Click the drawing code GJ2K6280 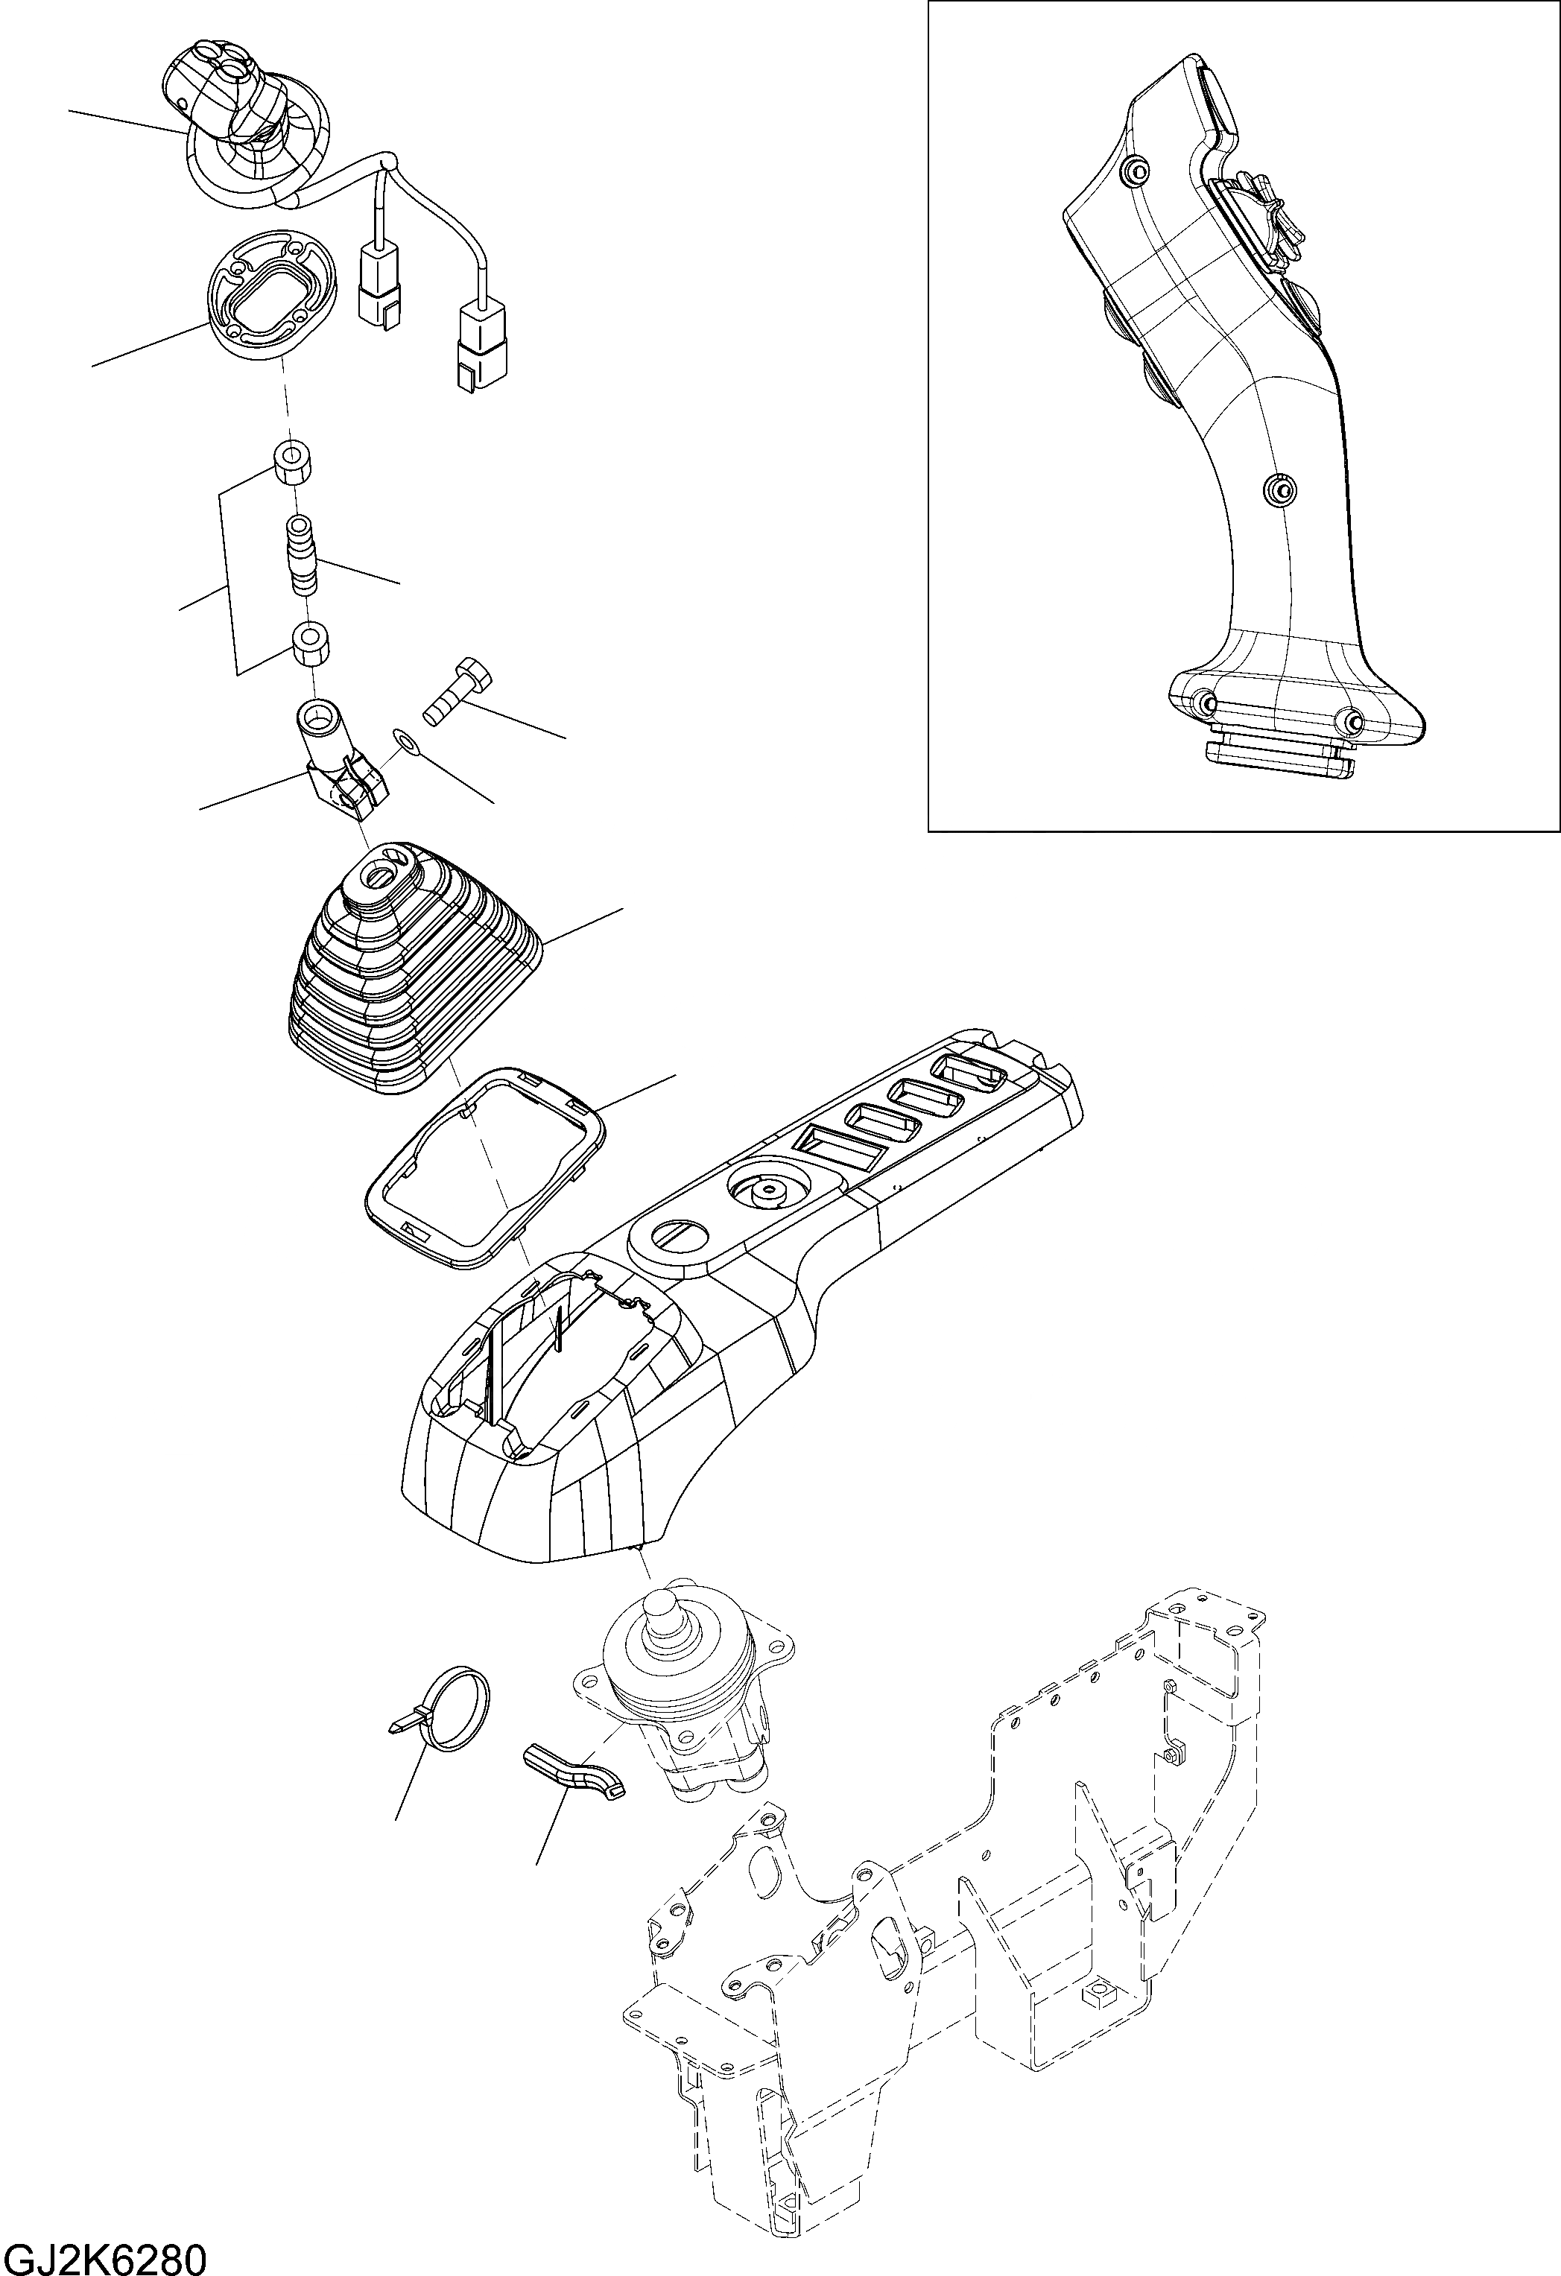tap(104, 2252)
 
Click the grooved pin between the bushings tap(300, 557)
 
